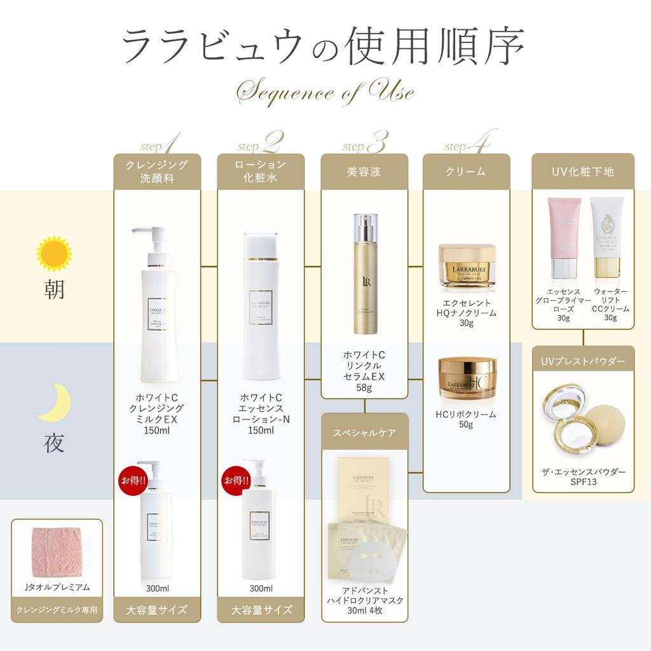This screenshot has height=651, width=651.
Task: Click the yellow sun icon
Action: pos(54,254)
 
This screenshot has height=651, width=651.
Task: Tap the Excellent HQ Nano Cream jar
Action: pos(467,266)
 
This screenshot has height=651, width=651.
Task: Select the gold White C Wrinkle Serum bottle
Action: pos(365,273)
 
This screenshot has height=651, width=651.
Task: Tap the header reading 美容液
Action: pos(364,172)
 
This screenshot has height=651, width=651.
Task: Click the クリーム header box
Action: pos(467,172)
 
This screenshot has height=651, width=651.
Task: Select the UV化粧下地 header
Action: pos(583,172)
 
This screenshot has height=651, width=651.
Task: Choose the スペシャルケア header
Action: pos(364,434)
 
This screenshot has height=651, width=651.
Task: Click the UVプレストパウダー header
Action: pos(583,362)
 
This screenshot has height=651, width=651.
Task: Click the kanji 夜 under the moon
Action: pos(55,444)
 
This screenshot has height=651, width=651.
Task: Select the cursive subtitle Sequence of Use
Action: pos(325,92)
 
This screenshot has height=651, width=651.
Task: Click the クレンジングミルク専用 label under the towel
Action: pos(57,610)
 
